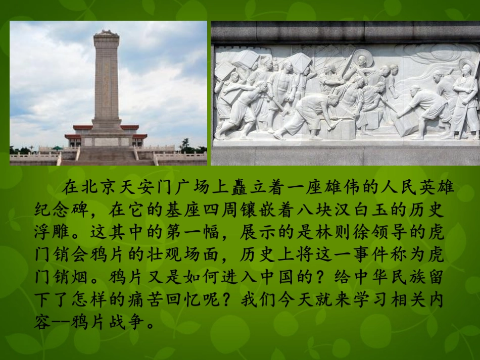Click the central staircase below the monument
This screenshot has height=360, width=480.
(x=107, y=155)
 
